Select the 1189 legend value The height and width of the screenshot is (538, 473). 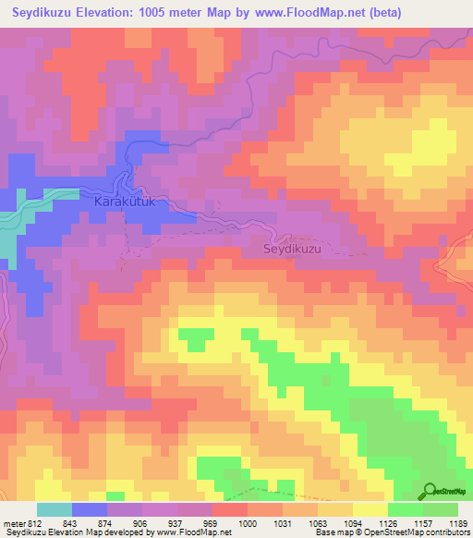tap(458, 523)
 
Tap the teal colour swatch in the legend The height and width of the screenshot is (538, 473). tap(55, 509)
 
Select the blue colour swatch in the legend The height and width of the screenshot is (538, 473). tap(90, 509)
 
